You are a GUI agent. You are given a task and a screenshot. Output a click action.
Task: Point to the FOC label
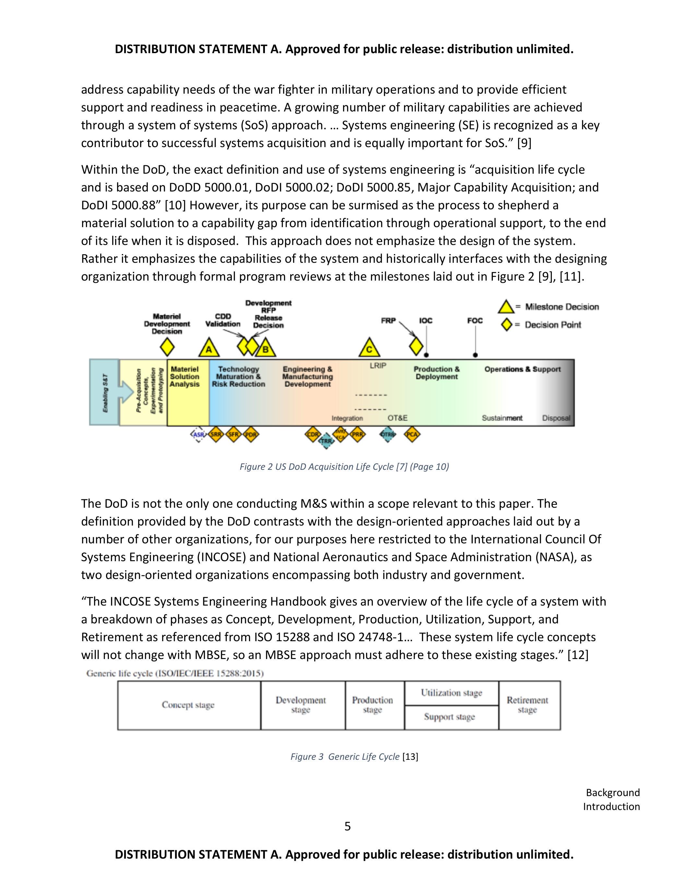pos(475,321)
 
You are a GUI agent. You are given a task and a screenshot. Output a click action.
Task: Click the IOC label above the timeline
pos(425,321)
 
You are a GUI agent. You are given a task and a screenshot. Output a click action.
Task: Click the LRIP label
pos(378,365)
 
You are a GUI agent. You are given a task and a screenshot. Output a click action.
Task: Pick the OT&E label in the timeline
pos(398,418)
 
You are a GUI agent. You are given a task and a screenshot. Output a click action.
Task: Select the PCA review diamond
pos(412,434)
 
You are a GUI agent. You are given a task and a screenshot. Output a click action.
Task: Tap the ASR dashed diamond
pos(199,435)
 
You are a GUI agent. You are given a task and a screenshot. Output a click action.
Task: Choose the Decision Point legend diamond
pos(506,325)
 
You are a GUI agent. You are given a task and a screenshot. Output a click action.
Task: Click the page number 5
pos(347,826)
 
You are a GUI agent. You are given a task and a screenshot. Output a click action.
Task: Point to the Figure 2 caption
pos(344,467)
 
